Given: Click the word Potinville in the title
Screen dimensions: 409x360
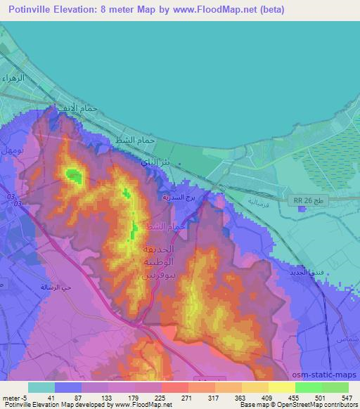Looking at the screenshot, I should pos(30,9).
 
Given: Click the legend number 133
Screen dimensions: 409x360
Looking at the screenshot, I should pos(107,397).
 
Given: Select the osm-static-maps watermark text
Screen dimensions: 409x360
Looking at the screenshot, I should pos(330,375).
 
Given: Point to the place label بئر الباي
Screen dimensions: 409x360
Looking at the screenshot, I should pos(155,162).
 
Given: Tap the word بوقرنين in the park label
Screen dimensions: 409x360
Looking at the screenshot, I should pos(159,273).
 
